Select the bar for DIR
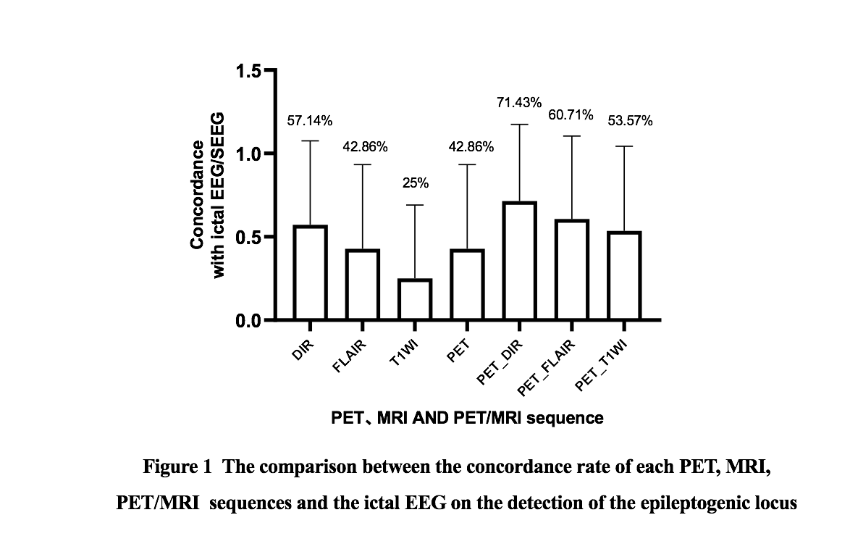click(310, 272)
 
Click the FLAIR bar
click(363, 285)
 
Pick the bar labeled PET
click(468, 285)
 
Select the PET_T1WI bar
click(624, 276)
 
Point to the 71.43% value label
click(518, 103)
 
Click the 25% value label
click(416, 183)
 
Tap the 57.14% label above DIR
click(310, 121)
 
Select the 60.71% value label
click(571, 115)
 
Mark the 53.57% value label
click(630, 121)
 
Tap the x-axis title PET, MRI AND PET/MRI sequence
click(467, 418)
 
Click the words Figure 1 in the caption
click(177, 466)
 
